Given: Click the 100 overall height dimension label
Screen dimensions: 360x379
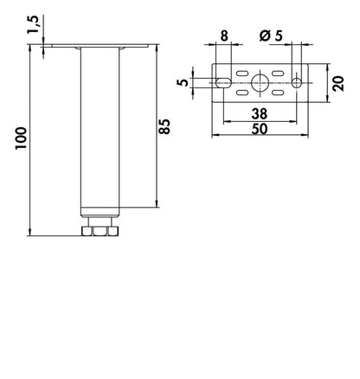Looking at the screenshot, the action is pyautogui.click(x=21, y=138).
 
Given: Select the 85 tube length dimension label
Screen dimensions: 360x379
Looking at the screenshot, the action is pyautogui.click(x=165, y=126).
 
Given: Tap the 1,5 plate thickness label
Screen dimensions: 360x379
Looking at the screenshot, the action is pyautogui.click(x=33, y=25).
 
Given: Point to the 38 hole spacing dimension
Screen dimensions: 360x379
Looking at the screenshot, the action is pyautogui.click(x=260, y=114).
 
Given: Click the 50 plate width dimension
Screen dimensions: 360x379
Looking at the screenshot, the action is pyautogui.click(x=260, y=129).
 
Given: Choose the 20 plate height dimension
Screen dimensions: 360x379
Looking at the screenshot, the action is pyautogui.click(x=338, y=84).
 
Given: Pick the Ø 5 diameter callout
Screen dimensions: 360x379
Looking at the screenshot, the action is pyautogui.click(x=271, y=36).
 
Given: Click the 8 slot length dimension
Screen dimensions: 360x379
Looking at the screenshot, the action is pyautogui.click(x=224, y=36).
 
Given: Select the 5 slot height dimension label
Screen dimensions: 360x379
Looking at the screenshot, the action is pyautogui.click(x=183, y=82).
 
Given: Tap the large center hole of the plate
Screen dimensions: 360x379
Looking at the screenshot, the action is pyautogui.click(x=260, y=83).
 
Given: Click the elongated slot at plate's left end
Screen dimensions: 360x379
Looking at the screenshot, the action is pyautogui.click(x=223, y=83).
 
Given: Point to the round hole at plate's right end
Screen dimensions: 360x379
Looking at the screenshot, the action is pyautogui.click(x=297, y=83).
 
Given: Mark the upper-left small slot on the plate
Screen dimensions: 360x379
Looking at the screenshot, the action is pyautogui.click(x=242, y=74).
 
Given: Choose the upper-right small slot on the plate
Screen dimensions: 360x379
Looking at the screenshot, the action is pyautogui.click(x=278, y=74).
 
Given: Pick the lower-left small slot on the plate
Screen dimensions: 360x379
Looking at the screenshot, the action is pyautogui.click(x=242, y=93).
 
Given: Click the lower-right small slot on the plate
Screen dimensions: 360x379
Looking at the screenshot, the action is pyautogui.click(x=278, y=93).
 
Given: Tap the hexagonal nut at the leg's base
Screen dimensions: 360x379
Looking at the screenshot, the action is pyautogui.click(x=100, y=231).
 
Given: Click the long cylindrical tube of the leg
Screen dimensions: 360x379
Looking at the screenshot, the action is pyautogui.click(x=100, y=132).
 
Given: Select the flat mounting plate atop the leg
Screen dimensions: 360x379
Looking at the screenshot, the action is pyautogui.click(x=100, y=46).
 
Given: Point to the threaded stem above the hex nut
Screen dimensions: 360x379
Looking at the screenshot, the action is pyautogui.click(x=100, y=222).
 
